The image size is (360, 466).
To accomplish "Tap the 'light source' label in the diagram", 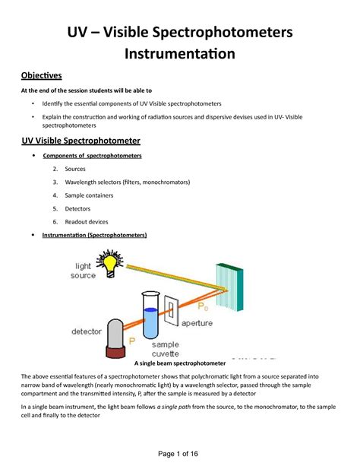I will click(85, 271).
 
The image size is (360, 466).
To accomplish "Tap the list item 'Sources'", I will click(75, 169).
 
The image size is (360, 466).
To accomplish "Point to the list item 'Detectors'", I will click(78, 208).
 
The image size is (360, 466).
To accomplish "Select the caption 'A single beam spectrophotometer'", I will click(181, 363).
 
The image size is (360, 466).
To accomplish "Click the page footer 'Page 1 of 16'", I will click(180, 452).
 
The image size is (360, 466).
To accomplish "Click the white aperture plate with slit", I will click(173, 309).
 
